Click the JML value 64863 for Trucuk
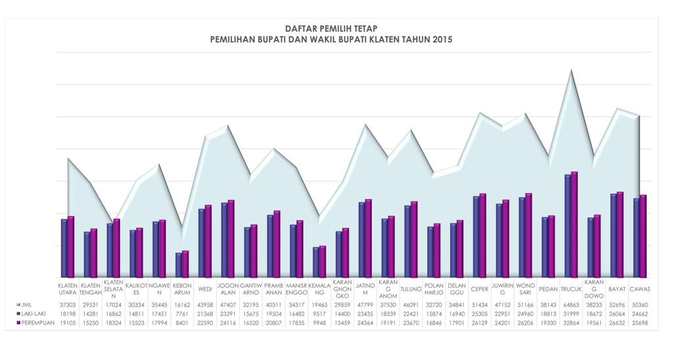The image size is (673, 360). coord(571,305)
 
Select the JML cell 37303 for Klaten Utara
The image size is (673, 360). coord(67,305)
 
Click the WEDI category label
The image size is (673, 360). coord(204,289)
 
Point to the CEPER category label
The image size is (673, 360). coord(479,289)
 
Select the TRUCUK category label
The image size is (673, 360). coord(571,289)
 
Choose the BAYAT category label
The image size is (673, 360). coord(616,289)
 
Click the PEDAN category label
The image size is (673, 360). coord(548,289)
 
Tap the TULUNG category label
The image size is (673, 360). coord(411,289)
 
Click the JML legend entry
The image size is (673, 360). coord(26,305)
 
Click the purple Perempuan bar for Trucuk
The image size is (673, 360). coord(574,223)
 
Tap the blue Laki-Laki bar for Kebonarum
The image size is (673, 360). coord(179,265)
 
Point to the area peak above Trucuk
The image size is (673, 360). coord(571,70)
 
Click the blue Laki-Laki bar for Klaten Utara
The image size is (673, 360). coord(64,248)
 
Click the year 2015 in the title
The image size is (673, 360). coord(442,39)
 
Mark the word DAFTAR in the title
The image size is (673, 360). coord(301,29)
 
